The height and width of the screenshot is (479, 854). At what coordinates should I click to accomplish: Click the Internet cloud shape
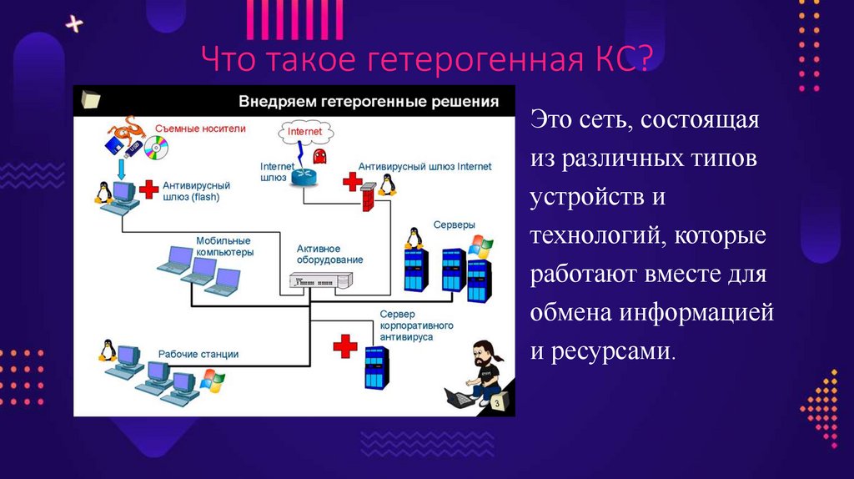[x=304, y=132]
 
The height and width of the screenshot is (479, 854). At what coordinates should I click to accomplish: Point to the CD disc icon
[x=156, y=149]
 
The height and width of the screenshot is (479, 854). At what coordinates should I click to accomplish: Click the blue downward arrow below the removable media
[x=121, y=169]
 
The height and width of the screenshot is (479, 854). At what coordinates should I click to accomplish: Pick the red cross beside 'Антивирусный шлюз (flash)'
[x=148, y=189]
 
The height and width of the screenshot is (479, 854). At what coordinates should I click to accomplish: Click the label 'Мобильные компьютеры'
[x=224, y=245]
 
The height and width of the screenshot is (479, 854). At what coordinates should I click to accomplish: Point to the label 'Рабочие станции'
[x=198, y=355]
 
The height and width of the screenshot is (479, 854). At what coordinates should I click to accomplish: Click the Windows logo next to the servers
[x=480, y=245]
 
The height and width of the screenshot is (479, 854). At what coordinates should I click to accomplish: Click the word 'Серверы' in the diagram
[x=454, y=226]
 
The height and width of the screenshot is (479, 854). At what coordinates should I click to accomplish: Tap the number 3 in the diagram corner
[x=496, y=404]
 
